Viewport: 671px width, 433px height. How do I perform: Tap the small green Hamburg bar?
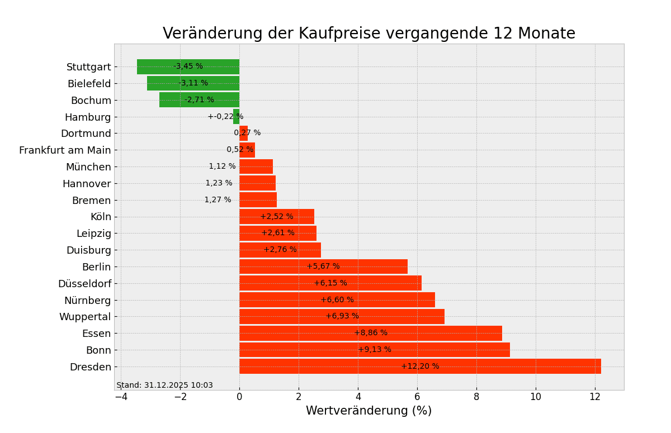coord(236,117)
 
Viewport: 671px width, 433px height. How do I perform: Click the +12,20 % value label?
coord(420,367)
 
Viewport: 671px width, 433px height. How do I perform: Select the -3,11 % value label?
coord(193,83)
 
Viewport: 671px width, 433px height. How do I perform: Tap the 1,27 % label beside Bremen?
coord(218,200)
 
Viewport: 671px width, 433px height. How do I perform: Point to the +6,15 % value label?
coord(330,283)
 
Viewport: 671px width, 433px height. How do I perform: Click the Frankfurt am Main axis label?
coord(65,150)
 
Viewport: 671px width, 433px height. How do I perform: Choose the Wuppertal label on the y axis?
coord(85,317)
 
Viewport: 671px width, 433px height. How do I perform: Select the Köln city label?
coord(101,217)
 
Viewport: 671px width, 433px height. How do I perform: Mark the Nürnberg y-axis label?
coord(87,300)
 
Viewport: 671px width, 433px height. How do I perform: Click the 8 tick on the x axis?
coord(476,397)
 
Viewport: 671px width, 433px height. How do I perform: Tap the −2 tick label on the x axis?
coord(180,397)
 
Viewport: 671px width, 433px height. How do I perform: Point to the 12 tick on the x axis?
coord(595,397)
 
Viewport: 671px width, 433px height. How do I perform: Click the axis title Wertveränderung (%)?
coord(368,411)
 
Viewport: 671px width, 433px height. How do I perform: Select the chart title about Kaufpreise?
coord(368,34)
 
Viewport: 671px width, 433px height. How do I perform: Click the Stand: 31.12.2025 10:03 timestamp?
coord(164,386)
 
